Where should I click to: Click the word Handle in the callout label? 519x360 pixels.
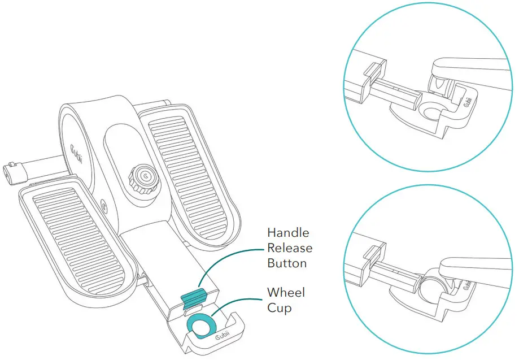(x=288, y=232)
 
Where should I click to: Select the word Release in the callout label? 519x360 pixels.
(x=290, y=248)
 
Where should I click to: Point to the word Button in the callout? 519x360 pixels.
(x=287, y=263)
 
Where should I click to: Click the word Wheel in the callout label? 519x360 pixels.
(x=286, y=292)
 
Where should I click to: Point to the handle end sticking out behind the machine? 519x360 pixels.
(x=14, y=172)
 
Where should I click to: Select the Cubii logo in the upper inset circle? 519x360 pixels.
(x=468, y=101)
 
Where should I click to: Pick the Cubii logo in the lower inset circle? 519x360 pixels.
(x=468, y=284)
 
